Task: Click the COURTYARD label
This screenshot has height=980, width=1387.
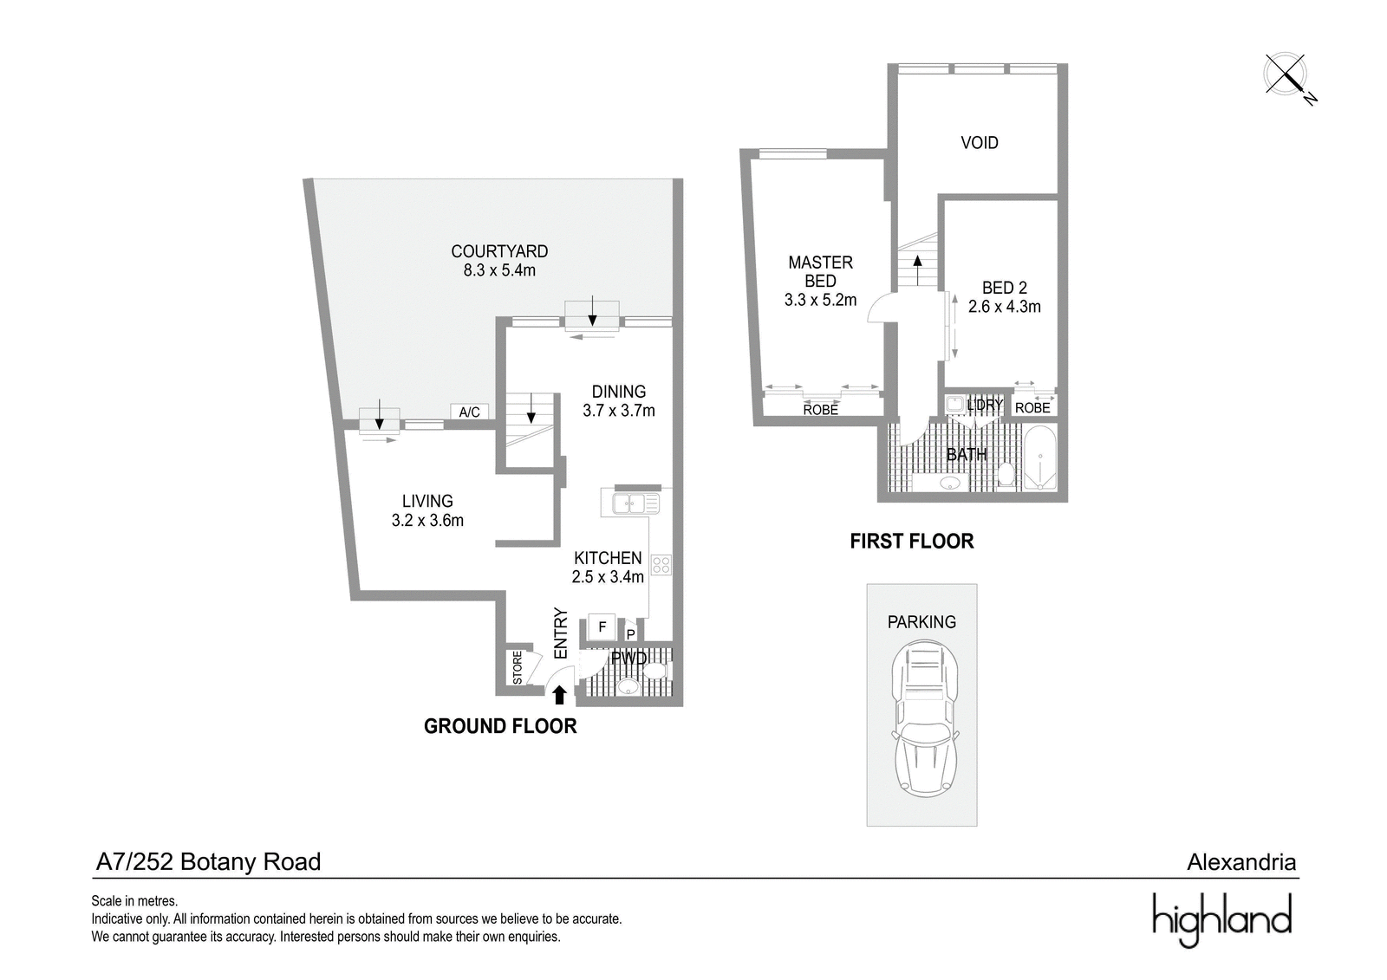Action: [499, 251]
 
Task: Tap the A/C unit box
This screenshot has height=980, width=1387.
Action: [469, 412]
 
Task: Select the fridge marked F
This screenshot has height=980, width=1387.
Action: [602, 627]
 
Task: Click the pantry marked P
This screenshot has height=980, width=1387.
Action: [630, 632]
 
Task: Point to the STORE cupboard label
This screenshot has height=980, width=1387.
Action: [518, 667]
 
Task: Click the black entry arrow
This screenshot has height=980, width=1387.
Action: [559, 695]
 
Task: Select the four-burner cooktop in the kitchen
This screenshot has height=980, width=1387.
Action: [661, 565]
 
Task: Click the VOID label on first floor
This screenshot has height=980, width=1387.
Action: [980, 143]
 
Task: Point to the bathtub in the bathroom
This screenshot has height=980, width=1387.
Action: [1039, 458]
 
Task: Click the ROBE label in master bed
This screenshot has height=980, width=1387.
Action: [820, 410]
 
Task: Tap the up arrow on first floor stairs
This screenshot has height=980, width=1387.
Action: [917, 269]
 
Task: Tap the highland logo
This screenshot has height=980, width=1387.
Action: [1221, 920]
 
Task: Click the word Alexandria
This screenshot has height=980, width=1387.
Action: [1241, 862]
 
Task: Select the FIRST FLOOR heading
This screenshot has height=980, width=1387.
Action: [911, 542]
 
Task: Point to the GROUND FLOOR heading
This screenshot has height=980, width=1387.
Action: [500, 726]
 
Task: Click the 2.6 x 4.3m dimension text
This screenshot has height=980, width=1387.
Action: [1005, 307]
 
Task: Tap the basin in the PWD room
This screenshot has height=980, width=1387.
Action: [629, 686]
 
